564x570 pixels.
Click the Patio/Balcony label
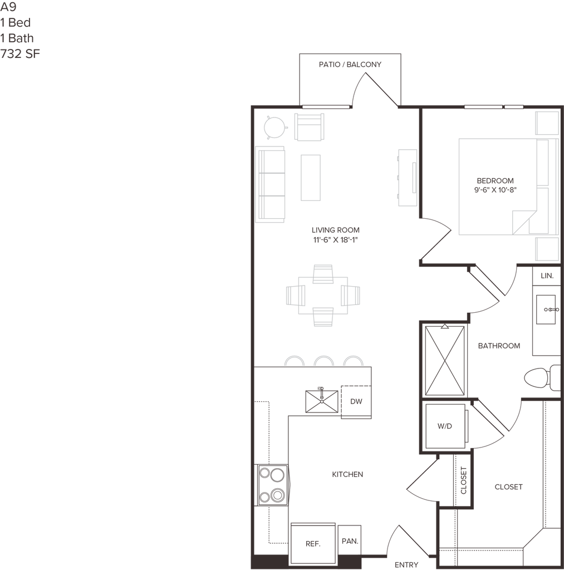click(350, 65)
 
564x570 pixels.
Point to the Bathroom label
click(499, 346)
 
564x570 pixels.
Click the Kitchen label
click(347, 475)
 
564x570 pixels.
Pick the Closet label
click(508, 487)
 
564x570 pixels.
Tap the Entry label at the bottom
click(407, 564)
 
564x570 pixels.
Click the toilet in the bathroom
click(543, 379)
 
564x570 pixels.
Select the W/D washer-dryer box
click(444, 427)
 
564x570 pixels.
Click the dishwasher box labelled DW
click(356, 401)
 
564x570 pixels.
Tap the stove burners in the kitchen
click(273, 484)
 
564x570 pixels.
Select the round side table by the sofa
click(275, 127)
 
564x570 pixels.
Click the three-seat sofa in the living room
click(271, 184)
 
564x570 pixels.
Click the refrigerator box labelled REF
click(314, 543)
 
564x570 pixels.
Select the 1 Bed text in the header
click(17, 23)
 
